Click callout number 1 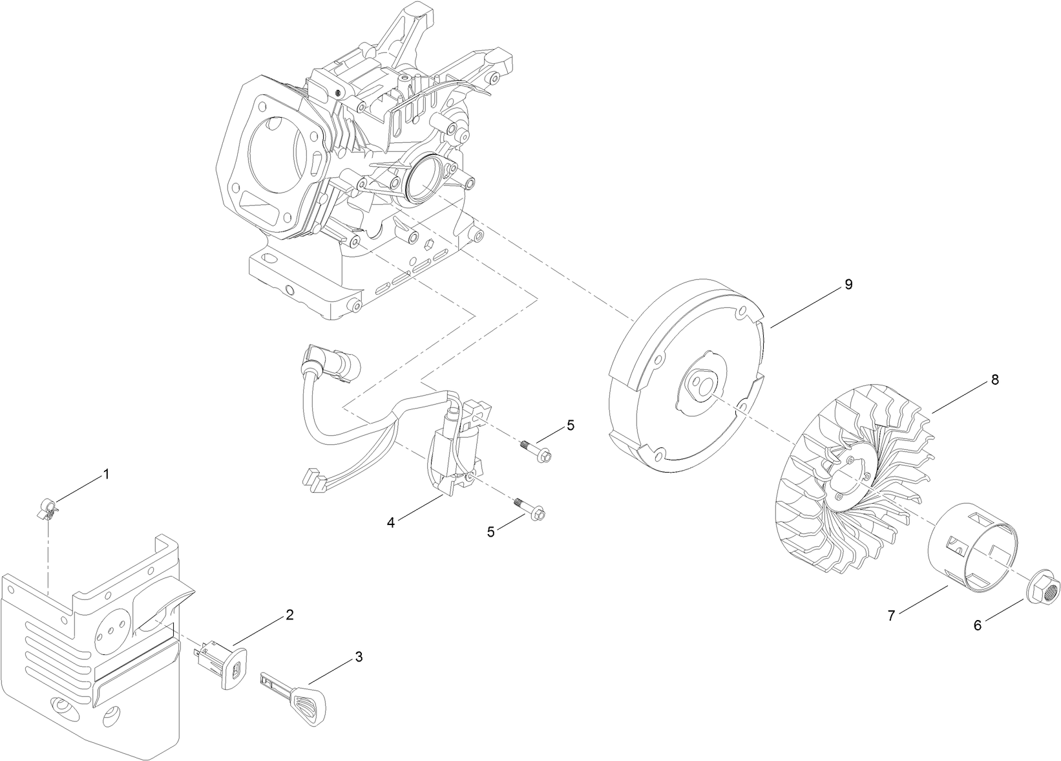coord(107,475)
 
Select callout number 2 coord(289,614)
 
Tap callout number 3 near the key coord(359,657)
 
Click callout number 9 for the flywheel coord(848,284)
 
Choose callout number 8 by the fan coord(994,380)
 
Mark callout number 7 coord(891,616)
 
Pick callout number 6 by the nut coord(978,625)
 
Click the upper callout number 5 coord(571,425)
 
